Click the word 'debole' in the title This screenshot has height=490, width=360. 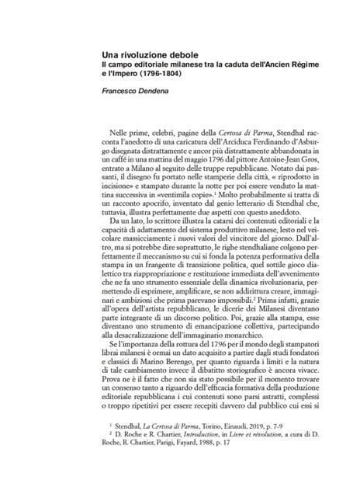178,54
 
